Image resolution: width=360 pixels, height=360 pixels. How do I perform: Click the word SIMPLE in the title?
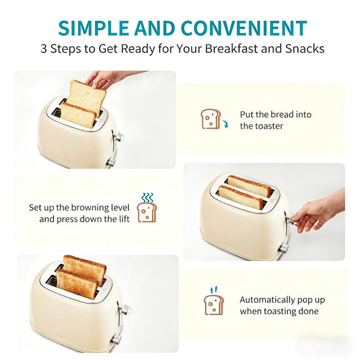tap(94, 28)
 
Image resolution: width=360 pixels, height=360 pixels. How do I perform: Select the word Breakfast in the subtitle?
tap(232, 48)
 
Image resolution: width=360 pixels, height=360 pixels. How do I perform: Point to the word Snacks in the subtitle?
tap(304, 48)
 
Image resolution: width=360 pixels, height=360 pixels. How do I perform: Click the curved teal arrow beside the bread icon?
tap(225, 124)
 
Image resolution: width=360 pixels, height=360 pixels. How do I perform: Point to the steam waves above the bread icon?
tap(147, 198)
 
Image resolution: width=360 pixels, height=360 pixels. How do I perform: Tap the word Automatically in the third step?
tap(267, 300)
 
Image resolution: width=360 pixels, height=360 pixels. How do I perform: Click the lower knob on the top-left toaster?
tap(111, 162)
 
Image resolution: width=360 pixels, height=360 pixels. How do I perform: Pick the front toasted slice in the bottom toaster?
tap(77, 284)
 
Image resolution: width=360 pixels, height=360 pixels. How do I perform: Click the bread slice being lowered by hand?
tap(88, 96)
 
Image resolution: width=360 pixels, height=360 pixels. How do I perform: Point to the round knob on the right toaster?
tap(283, 249)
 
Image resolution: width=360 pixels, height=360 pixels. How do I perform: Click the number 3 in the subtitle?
tap(44, 48)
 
